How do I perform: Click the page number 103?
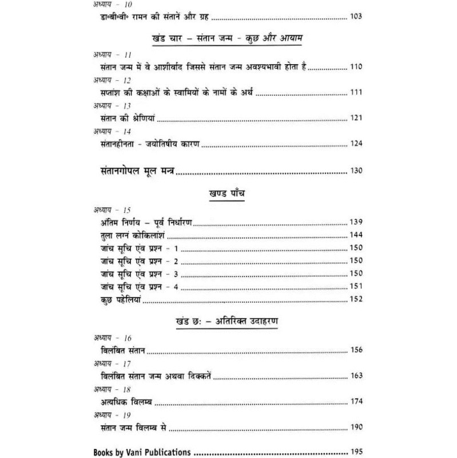coord(355,17)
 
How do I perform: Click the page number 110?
coord(356,68)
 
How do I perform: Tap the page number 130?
coord(356,171)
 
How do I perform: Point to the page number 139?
coord(356,222)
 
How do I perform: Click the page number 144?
coord(356,235)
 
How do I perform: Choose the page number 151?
coord(356,286)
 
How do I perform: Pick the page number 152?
coord(356,299)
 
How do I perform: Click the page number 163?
coord(356,376)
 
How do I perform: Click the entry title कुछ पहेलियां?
coord(120,299)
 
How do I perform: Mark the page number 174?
coord(356,401)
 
